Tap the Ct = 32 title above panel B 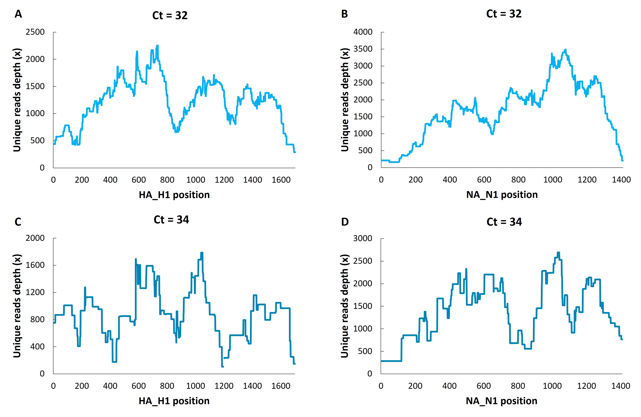pyautogui.click(x=504, y=14)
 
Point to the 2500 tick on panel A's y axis pyautogui.click(x=35, y=32)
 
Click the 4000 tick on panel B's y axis pyautogui.click(x=363, y=32)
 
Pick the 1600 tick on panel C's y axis pyautogui.click(x=35, y=265)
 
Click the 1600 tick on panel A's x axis pyautogui.click(x=281, y=180)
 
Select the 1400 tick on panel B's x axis pyautogui.click(x=621, y=180)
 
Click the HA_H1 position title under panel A pyautogui.click(x=174, y=195)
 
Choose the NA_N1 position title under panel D pyautogui.click(x=502, y=401)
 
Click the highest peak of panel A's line pyautogui.click(x=158, y=46)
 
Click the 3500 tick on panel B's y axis pyautogui.click(x=363, y=49)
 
